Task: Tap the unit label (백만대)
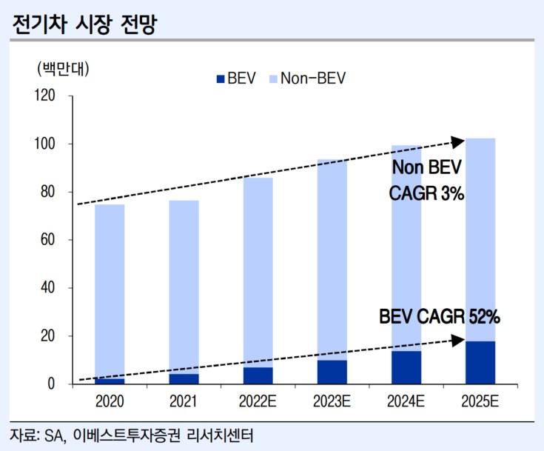click(62, 69)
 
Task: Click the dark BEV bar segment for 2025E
click(480, 363)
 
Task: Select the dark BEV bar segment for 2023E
click(332, 373)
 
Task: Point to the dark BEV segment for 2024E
click(406, 367)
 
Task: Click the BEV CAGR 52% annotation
click(440, 318)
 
